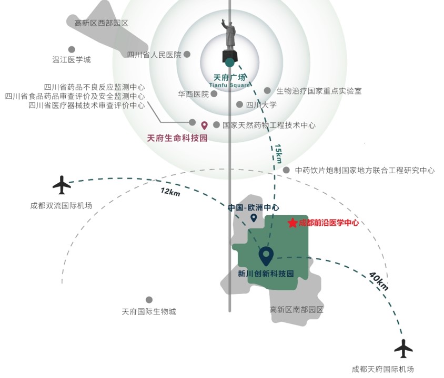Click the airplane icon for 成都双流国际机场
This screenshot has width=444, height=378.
62,185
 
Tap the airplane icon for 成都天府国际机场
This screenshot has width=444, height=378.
403,349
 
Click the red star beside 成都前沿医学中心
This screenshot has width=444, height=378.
292,223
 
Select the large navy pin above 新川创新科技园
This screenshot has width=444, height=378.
266,256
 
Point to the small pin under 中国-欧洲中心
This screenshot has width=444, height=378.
254,218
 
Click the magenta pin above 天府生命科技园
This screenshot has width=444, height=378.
204,125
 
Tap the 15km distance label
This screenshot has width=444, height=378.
278,154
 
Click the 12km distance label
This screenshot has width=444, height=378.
170,192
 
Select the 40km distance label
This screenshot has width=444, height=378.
378,281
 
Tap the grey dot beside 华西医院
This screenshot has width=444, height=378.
214,93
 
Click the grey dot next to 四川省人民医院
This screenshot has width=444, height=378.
187,54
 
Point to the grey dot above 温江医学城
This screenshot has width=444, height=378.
72,49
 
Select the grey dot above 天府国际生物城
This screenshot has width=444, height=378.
149,300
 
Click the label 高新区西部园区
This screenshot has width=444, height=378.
102,23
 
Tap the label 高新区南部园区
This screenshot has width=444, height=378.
296,310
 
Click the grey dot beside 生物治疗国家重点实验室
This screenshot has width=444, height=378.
267,90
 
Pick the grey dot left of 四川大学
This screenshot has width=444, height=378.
239,104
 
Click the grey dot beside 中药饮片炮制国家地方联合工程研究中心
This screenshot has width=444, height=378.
286,170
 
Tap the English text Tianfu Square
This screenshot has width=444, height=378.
229,85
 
